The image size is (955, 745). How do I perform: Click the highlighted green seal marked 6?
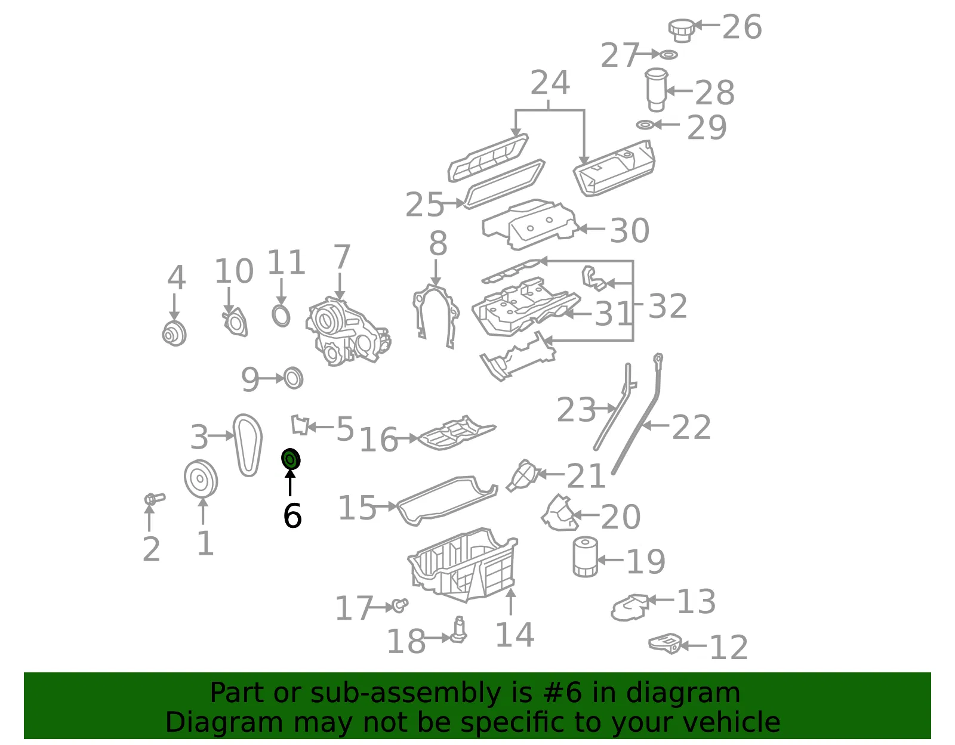(x=291, y=459)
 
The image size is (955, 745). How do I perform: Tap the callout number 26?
(x=742, y=27)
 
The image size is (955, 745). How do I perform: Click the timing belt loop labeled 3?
(x=248, y=445)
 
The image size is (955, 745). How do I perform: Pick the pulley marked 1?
(x=201, y=479)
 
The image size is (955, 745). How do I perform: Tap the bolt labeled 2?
(x=154, y=499)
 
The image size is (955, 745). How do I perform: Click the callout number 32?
(x=667, y=306)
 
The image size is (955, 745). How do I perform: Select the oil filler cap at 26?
(x=682, y=30)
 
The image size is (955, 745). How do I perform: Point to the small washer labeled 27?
(x=668, y=54)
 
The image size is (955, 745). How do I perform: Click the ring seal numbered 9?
(x=294, y=378)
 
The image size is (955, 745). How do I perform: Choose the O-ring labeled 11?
(x=281, y=315)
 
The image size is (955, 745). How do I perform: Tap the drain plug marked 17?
(x=400, y=605)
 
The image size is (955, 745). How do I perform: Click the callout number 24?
(x=550, y=82)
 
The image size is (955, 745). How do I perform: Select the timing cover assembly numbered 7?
(x=347, y=332)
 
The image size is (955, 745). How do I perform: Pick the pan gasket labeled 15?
(x=448, y=500)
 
